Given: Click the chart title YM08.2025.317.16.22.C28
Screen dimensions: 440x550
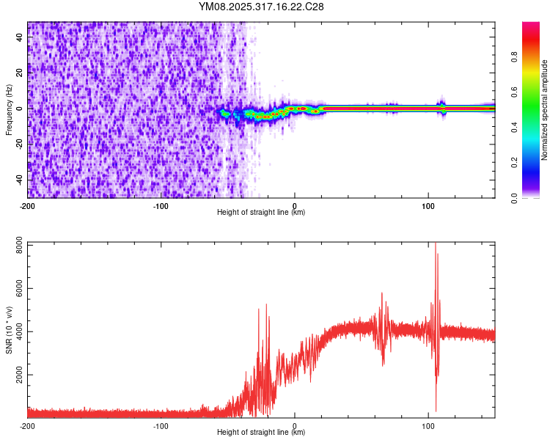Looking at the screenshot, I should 261,7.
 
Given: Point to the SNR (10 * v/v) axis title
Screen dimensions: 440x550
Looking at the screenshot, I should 9,330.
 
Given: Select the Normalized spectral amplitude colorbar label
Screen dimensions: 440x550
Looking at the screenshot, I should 545,110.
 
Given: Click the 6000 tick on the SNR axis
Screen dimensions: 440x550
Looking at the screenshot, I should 15,290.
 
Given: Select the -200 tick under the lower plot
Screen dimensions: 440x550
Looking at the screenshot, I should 28,426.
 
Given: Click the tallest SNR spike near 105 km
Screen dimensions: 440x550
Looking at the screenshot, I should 436,244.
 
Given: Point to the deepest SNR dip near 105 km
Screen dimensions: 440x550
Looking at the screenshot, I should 436,411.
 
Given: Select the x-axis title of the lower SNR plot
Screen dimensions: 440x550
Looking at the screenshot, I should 261,433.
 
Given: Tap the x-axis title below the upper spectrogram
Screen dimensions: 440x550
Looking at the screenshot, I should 261,213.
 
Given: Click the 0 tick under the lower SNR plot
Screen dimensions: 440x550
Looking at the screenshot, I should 295,426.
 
